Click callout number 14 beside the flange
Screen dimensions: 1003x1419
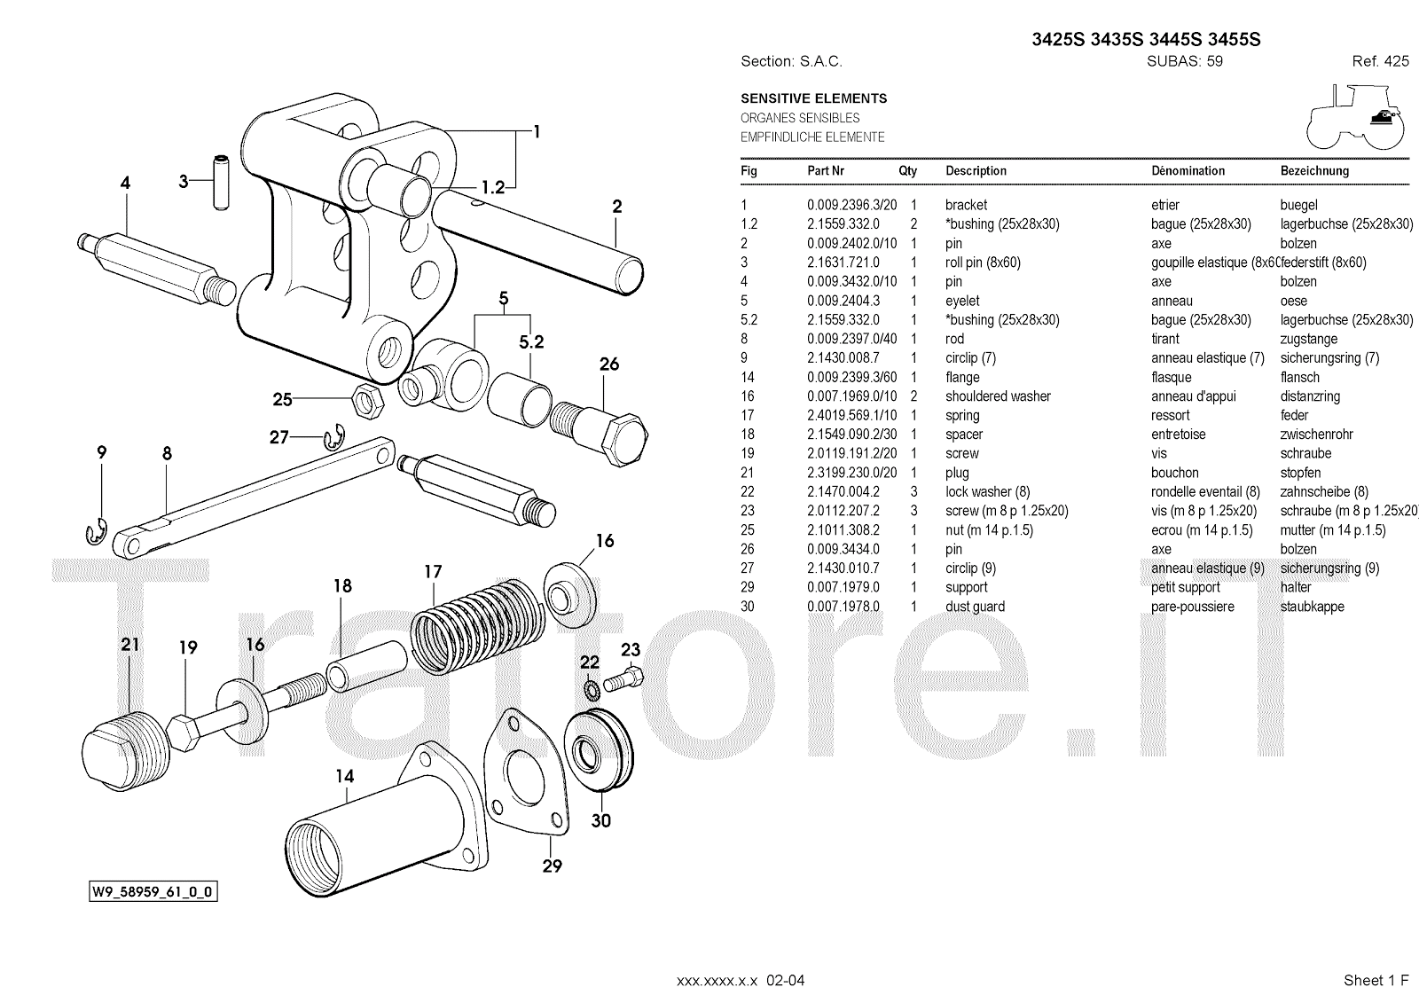tap(344, 777)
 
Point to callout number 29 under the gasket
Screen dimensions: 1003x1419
tap(552, 866)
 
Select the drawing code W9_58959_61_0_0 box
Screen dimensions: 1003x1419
tap(153, 891)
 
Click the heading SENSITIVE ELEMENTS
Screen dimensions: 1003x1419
tap(813, 98)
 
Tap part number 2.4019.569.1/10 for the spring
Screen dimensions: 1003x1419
tap(851, 415)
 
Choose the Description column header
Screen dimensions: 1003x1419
tap(976, 170)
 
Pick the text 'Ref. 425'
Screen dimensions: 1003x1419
tap(1380, 61)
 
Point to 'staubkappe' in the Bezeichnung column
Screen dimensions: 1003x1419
tap(1312, 607)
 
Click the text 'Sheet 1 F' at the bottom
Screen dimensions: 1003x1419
tap(1376, 980)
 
